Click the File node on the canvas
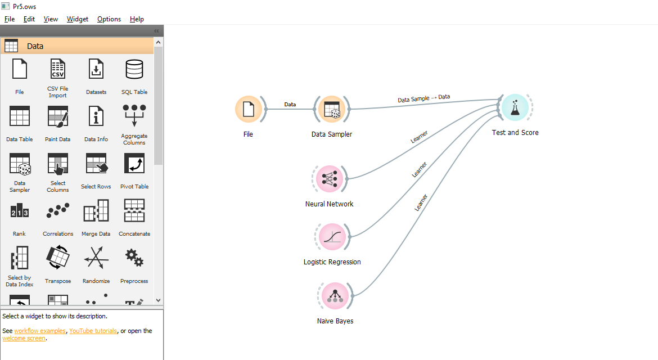point(248,109)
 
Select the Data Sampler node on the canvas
point(331,109)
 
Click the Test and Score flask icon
point(515,107)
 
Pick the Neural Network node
point(329,178)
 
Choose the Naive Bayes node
point(335,296)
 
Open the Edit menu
point(29,19)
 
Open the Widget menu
point(77,19)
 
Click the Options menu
point(109,19)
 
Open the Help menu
point(137,19)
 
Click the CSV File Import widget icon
point(57,69)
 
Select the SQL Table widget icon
point(134,69)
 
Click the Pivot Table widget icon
point(134,164)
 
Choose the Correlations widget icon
point(57,211)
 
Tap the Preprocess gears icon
point(134,258)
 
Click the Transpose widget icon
point(57,258)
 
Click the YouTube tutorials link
point(93,331)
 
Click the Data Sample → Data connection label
point(423,98)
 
